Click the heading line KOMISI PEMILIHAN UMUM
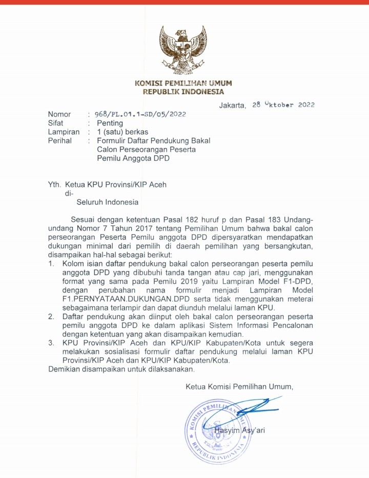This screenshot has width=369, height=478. (x=183, y=83)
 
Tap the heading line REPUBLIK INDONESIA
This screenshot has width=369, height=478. (x=183, y=92)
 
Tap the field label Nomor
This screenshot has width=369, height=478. (x=59, y=114)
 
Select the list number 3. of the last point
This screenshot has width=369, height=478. (x=51, y=342)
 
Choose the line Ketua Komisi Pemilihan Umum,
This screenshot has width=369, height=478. (x=239, y=386)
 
